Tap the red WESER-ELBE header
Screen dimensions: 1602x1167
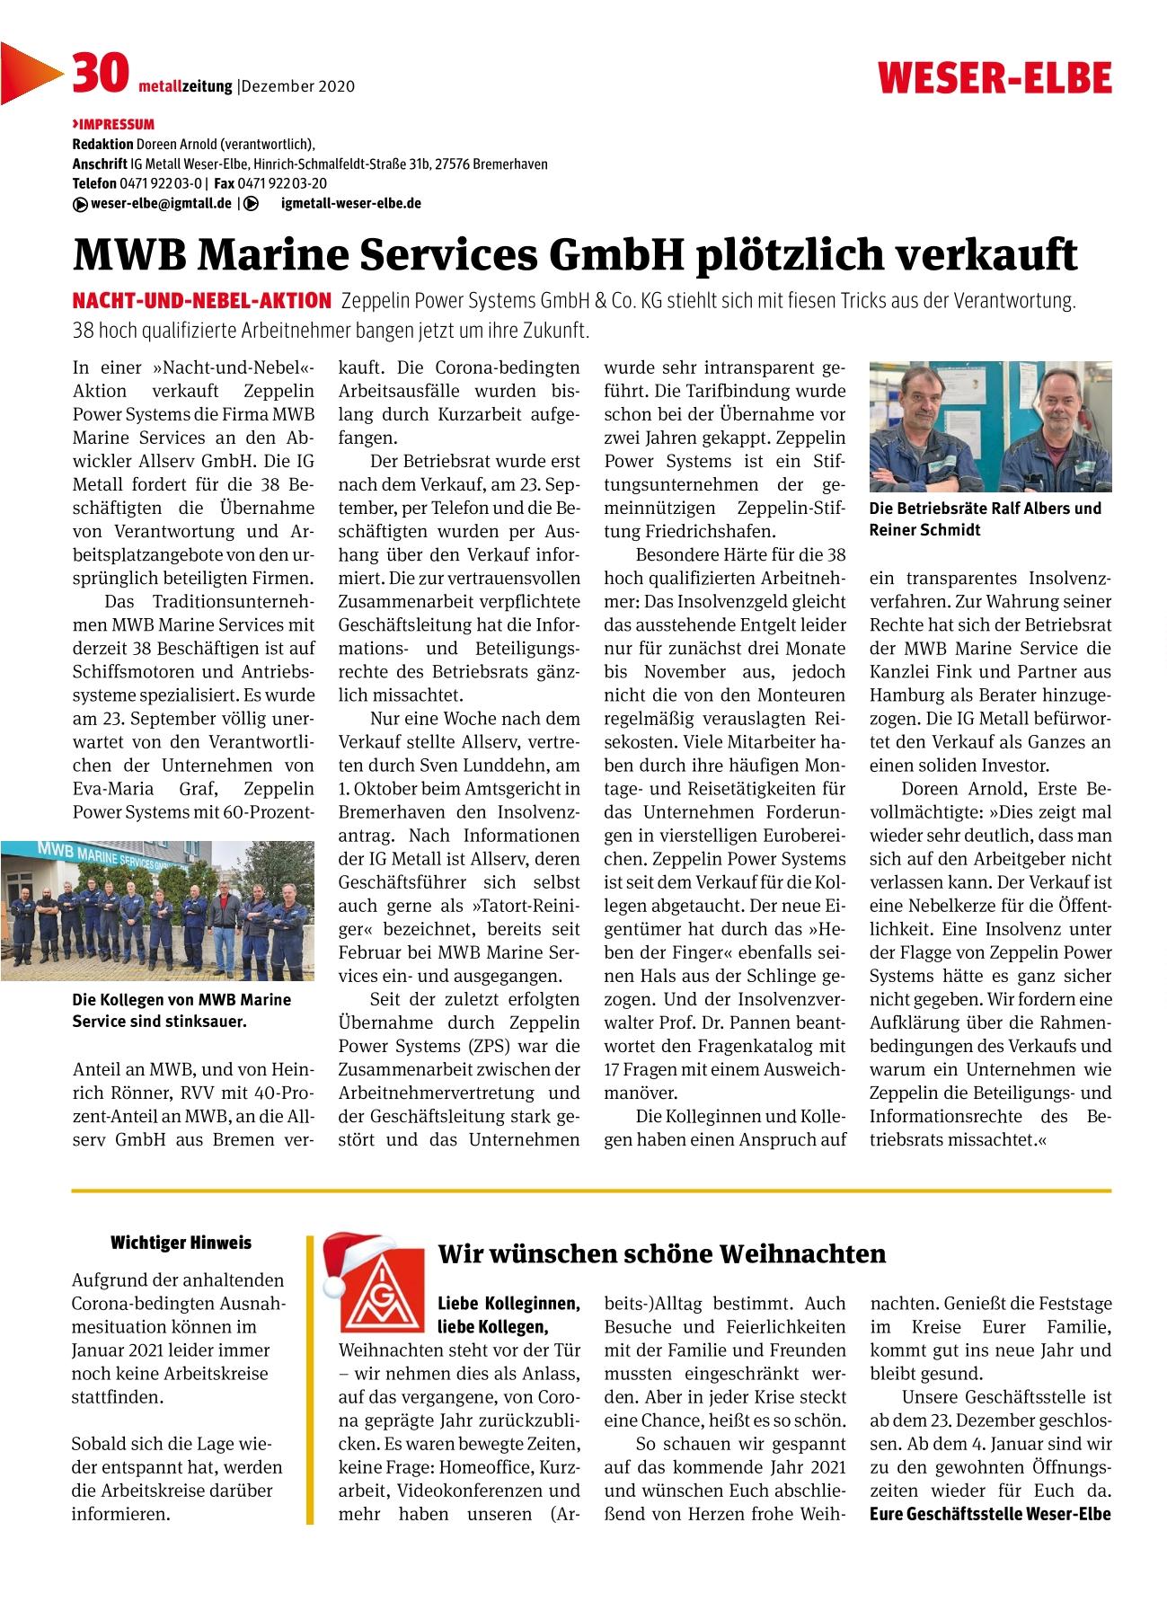[x=995, y=78]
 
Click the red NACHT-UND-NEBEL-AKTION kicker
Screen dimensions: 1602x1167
[x=201, y=300]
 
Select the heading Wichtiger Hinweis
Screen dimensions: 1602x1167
[x=181, y=1244]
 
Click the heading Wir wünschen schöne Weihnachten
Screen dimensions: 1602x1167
[x=661, y=1253]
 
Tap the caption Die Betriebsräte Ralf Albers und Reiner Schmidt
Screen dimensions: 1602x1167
[x=985, y=519]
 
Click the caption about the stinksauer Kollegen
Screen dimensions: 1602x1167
[x=181, y=1010]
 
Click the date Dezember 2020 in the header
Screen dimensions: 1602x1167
[x=298, y=87]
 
